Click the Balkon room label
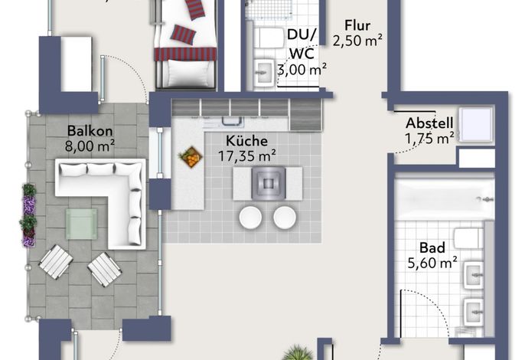[x=90, y=131]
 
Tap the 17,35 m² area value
[x=246, y=155]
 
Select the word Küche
[x=246, y=140]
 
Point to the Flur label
[x=357, y=25]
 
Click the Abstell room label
[x=429, y=123]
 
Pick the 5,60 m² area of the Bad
[x=432, y=263]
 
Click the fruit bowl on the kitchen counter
[x=191, y=156]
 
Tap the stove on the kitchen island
[x=269, y=183]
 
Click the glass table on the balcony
[x=81, y=224]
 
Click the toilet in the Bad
[x=468, y=238]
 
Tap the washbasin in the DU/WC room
[x=265, y=72]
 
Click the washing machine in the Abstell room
[x=475, y=125]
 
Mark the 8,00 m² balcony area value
[x=90, y=146]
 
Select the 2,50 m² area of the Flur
[x=357, y=41]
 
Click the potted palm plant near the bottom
[x=298, y=352]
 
